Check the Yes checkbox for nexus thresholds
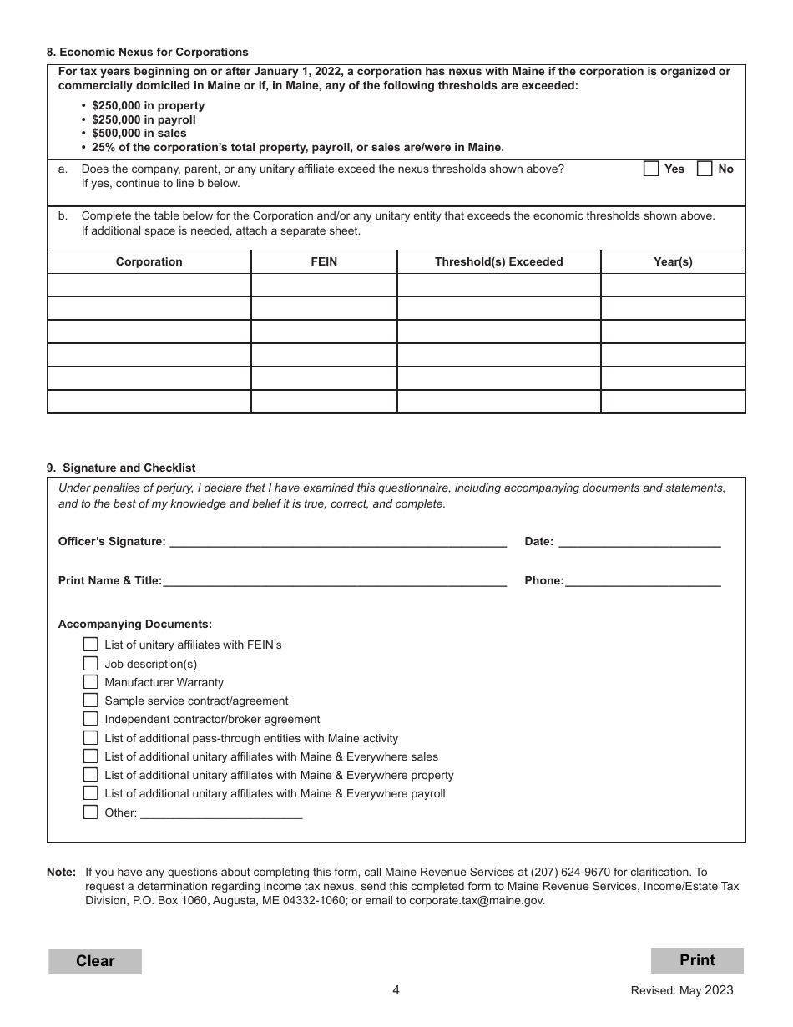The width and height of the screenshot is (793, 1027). pos(651,169)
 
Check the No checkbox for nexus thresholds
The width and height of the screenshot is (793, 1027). pos(705,169)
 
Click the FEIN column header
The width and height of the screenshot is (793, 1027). pos(324,261)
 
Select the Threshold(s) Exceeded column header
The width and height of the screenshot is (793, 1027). pos(498,261)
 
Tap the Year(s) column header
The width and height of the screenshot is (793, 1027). pos(673,261)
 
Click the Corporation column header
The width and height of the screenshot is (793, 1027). pos(149,261)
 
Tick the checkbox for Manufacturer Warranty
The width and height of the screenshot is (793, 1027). pos(90,681)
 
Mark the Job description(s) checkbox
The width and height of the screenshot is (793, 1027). pos(90,663)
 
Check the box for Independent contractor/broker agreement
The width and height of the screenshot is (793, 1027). pos(90,718)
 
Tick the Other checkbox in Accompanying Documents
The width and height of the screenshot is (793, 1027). pos(90,812)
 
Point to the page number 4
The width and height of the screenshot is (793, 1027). pos(396,990)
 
